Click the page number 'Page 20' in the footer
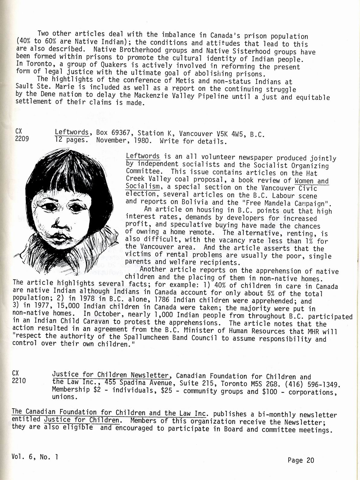[x=301, y=460]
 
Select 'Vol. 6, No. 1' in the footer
[x=35, y=457]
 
